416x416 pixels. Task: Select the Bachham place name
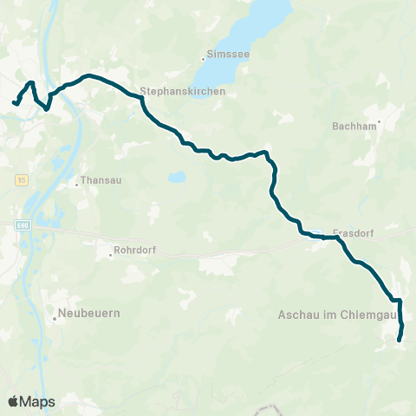click(x=352, y=126)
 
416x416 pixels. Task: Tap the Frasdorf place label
click(x=352, y=233)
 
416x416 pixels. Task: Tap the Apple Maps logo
click(x=31, y=401)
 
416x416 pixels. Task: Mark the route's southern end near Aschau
click(x=400, y=341)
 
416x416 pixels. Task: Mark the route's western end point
click(x=13, y=103)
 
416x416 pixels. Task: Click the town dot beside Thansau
click(x=76, y=183)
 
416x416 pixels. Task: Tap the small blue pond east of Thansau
click(x=177, y=177)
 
